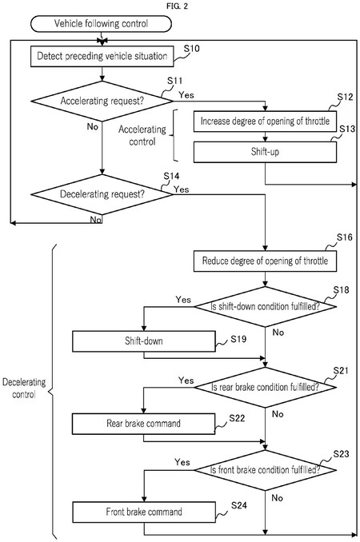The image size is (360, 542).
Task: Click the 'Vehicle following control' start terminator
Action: pyautogui.click(x=101, y=24)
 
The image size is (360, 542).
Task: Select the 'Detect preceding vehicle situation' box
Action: pyautogui.click(x=102, y=56)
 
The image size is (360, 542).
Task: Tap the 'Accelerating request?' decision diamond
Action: pyautogui.click(x=102, y=101)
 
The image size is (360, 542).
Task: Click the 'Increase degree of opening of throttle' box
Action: pyautogui.click(x=265, y=122)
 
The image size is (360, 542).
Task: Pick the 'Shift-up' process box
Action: pyautogui.click(x=265, y=152)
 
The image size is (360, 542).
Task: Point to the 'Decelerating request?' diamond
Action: pyautogui.click(x=102, y=194)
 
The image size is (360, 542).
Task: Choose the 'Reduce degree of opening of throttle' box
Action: pyautogui.click(x=265, y=261)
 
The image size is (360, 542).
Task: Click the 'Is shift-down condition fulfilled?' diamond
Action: pyautogui.click(x=266, y=307)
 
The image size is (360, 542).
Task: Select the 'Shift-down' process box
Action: pyautogui.click(x=143, y=341)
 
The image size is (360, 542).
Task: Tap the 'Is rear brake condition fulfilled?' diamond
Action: pyautogui.click(x=266, y=387)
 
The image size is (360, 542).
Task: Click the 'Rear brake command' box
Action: pyautogui.click(x=143, y=424)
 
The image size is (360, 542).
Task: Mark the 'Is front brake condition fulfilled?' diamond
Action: pyautogui.click(x=266, y=470)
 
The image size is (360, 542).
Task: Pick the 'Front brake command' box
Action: pyautogui.click(x=143, y=512)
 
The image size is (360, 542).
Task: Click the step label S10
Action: pyautogui.click(x=191, y=49)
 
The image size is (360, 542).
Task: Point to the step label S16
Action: pyautogui.click(x=345, y=237)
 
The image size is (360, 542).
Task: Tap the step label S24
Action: pyautogui.click(x=239, y=506)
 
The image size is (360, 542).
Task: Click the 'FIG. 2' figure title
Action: pyautogui.click(x=177, y=6)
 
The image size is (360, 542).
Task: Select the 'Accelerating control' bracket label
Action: pyautogui.click(x=142, y=135)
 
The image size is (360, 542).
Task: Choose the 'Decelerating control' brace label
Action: pyautogui.click(x=24, y=389)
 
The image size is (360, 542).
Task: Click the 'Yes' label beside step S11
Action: pyautogui.click(x=186, y=94)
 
